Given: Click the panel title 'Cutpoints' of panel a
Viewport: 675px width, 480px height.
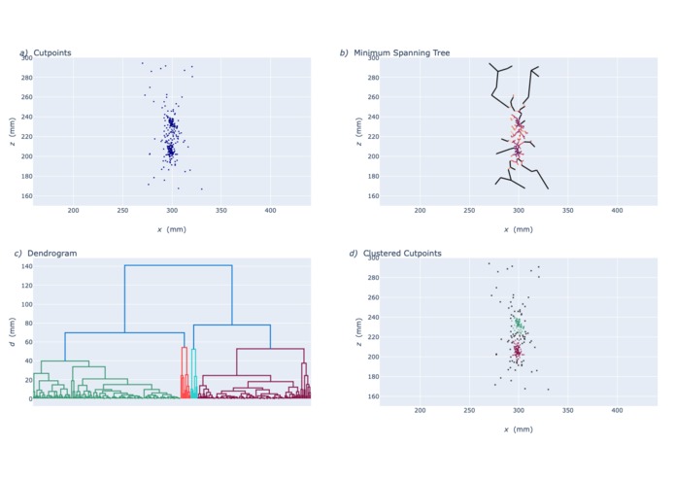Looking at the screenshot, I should [52, 52].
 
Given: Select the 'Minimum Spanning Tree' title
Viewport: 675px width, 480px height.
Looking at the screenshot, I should [401, 52].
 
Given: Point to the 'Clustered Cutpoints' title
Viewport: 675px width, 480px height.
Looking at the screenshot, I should [402, 254].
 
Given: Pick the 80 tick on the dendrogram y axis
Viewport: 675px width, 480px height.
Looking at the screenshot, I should [24, 323].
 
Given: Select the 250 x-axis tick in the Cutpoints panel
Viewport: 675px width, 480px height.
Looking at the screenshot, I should [122, 211].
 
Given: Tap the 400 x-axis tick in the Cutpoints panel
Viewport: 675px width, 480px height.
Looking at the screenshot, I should [271, 211].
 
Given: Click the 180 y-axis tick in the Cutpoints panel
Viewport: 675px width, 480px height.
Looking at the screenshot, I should [25, 176].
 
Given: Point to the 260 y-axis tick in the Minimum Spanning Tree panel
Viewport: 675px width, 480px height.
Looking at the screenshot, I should [372, 97].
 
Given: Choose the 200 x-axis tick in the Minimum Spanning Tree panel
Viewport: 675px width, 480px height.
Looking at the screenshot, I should [421, 211].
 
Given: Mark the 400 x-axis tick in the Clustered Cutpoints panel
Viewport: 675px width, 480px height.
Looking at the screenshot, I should [618, 412].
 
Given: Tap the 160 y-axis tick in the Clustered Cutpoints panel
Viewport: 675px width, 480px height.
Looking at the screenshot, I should [372, 396].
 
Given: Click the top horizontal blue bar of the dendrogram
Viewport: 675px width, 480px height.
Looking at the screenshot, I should [178, 265].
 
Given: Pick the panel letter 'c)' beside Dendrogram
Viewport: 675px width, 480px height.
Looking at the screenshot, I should [17, 254].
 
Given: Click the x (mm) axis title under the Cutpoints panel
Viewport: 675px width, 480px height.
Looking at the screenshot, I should [171, 229].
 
